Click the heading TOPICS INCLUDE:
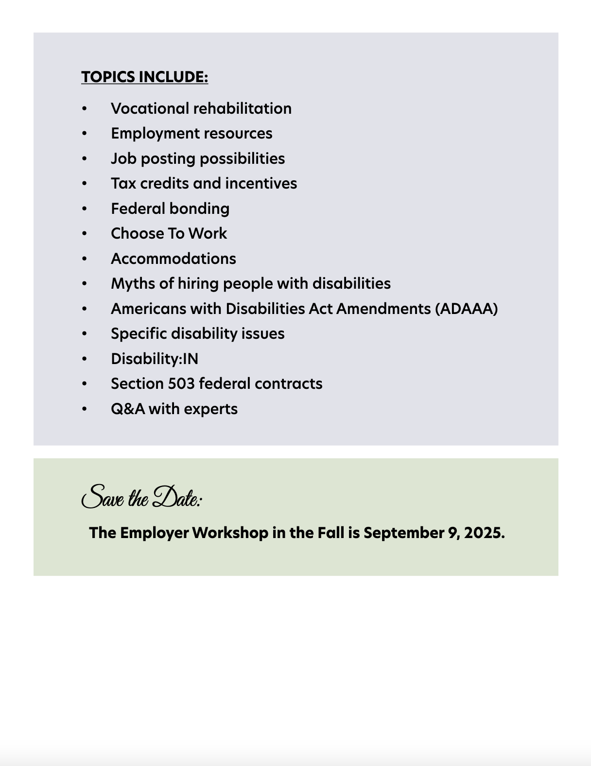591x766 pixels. pos(144,77)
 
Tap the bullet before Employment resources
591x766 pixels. pos(85,133)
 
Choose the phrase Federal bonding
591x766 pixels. pos(170,209)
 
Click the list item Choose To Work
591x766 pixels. pos(169,233)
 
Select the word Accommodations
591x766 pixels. pos(174,259)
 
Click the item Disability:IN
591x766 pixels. pos(155,359)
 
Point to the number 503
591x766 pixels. pos(181,383)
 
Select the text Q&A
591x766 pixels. pos(128,409)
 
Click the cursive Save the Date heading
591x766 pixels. pos(142,497)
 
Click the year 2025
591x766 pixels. pos(484,533)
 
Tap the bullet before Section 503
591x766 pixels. pos(85,383)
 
